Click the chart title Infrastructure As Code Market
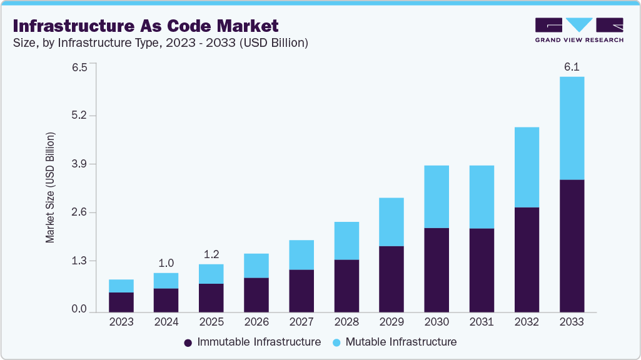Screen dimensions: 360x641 (145, 26)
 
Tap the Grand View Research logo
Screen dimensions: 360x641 (579, 30)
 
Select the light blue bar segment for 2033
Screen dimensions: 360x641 (572, 128)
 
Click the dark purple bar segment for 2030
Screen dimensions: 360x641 (437, 270)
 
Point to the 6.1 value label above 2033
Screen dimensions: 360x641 (572, 66)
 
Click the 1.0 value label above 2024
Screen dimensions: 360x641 (166, 263)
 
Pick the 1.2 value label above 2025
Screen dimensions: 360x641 (211, 254)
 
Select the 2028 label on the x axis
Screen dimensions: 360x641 (346, 322)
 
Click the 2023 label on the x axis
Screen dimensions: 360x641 (121, 322)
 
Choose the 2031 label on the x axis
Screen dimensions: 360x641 (482, 322)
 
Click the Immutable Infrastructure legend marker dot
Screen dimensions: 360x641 (188, 342)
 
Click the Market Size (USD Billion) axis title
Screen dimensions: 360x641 (50, 187)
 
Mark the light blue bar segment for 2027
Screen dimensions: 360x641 (301, 255)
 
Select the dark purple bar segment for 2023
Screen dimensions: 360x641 (121, 302)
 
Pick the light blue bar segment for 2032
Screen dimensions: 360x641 (527, 167)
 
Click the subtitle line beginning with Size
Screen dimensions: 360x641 (160, 43)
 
